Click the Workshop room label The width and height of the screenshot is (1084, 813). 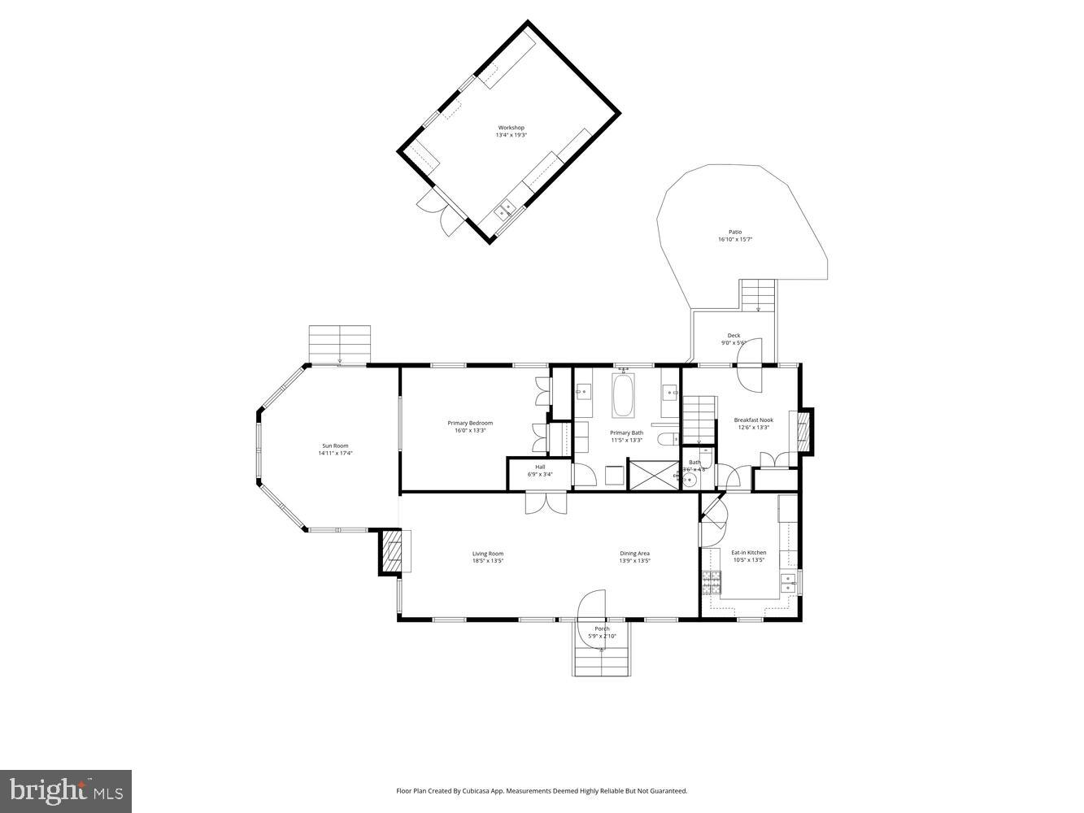coord(512,128)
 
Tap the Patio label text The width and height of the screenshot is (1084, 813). coord(734,233)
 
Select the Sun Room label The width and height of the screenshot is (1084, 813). coord(335,446)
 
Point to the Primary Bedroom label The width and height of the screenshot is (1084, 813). coord(470,423)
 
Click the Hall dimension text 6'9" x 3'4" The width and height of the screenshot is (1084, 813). coord(540,475)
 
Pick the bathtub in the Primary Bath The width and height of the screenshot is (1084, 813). coord(624,395)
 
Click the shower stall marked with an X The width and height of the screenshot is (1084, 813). coord(653,474)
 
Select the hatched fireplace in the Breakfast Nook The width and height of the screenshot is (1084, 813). coord(804,432)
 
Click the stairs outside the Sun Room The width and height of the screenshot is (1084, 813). coord(340,344)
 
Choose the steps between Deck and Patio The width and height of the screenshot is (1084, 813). coord(758,295)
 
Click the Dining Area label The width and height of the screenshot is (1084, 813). coord(634,554)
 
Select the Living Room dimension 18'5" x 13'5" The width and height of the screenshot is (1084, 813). coord(488,561)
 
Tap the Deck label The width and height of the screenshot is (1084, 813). coord(734,336)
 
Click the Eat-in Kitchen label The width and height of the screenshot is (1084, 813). coord(748,553)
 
